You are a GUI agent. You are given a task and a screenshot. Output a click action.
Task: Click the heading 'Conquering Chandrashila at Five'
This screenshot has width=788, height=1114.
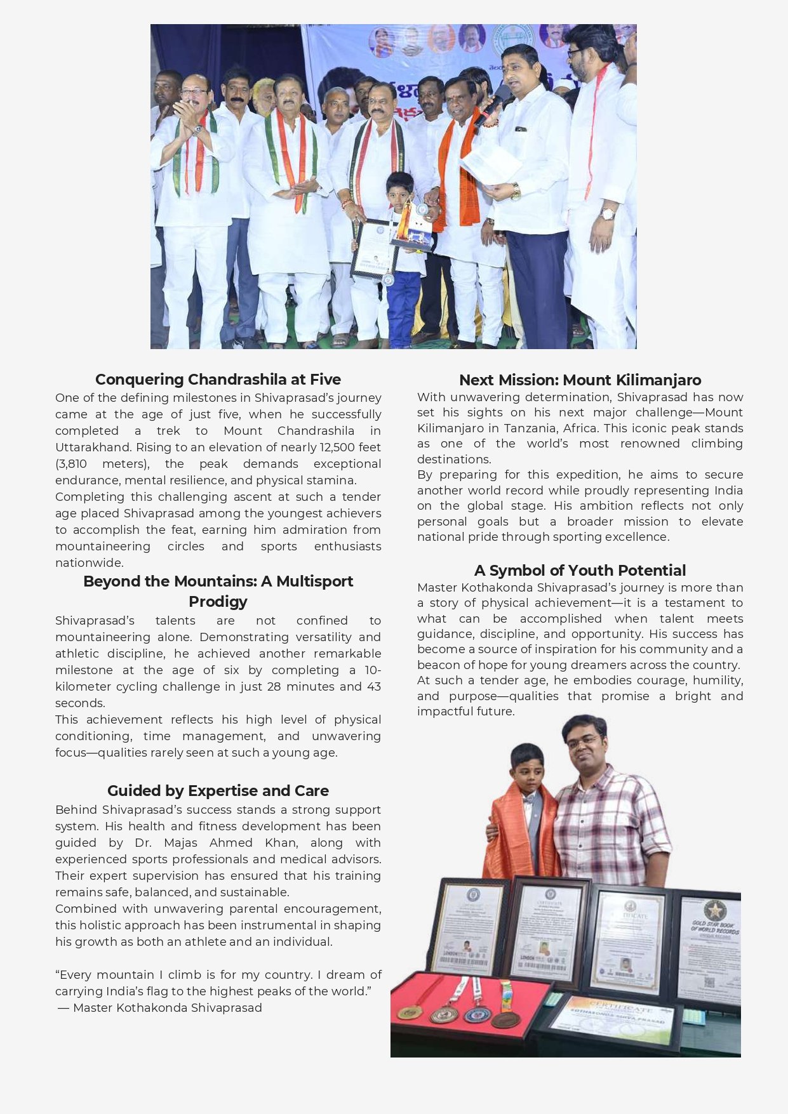(x=218, y=380)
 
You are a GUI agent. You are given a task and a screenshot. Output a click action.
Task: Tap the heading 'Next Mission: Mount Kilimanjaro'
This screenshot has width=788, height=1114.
(x=580, y=380)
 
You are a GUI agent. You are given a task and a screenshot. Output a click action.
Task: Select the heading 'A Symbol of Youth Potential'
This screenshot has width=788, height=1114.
(x=580, y=571)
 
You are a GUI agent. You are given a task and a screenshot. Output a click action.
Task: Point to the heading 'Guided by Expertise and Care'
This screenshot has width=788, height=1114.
(x=218, y=791)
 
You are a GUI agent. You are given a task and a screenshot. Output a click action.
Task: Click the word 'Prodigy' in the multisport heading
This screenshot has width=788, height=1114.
(x=218, y=602)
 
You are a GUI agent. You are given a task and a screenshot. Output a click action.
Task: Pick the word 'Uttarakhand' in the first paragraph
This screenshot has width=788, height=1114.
(x=91, y=448)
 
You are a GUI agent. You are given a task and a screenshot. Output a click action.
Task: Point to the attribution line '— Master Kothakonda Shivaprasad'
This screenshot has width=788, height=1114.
(x=160, y=1008)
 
